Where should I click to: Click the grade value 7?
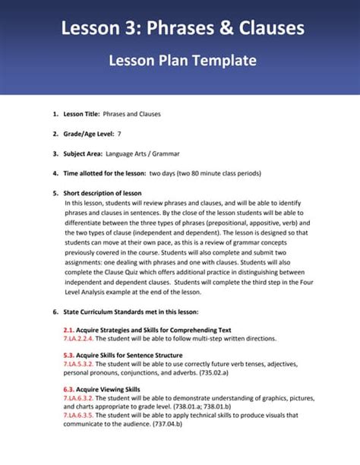tap(119, 134)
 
